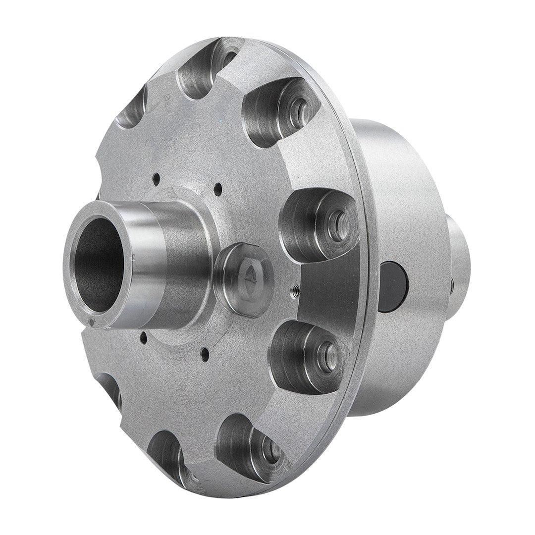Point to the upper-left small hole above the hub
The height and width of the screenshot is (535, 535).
[156, 178]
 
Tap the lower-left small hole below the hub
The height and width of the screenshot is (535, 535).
[143, 339]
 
